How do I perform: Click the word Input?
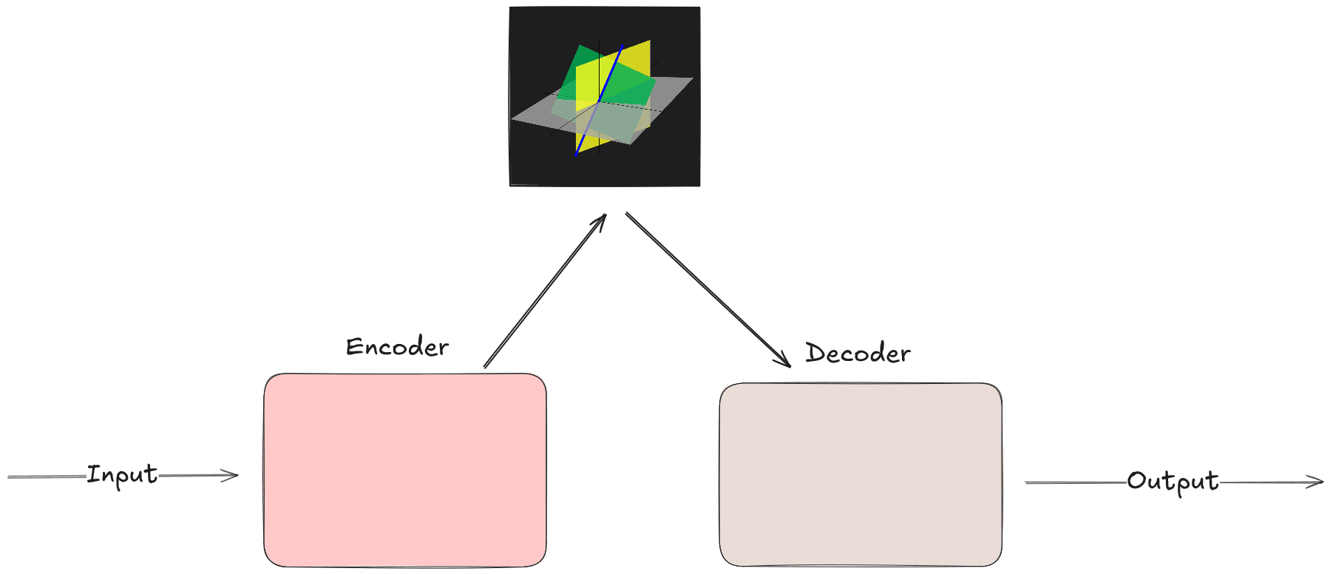[122, 474]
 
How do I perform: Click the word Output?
[1173, 482]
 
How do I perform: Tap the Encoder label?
[397, 347]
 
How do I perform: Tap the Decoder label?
[858, 354]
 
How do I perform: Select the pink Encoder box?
[404, 470]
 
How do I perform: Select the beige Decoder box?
[860, 474]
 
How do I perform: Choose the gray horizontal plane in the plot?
[532, 115]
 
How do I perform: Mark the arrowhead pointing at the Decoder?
[785, 361]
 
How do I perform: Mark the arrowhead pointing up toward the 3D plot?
[602, 220]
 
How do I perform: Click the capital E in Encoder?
[353, 347]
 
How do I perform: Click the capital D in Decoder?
[814, 353]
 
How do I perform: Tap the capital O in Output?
[1136, 481]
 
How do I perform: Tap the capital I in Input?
[92, 474]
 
